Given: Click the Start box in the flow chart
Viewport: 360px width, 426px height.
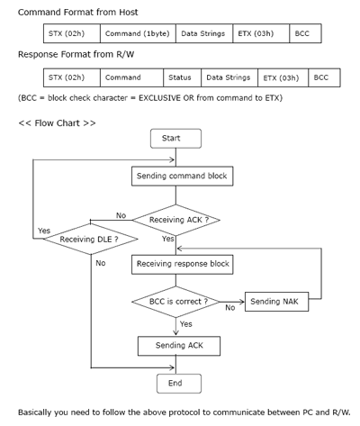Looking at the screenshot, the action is (175, 139).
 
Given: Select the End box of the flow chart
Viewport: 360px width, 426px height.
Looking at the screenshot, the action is (179, 384).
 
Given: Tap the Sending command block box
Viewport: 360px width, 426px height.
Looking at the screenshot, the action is (183, 177).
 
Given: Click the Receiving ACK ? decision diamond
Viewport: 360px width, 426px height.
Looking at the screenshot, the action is (176, 220).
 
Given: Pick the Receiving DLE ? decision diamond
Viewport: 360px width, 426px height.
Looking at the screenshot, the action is (91, 239).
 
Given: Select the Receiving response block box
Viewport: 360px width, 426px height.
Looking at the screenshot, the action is (183, 264).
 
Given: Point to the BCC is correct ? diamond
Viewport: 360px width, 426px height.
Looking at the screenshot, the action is (176, 302).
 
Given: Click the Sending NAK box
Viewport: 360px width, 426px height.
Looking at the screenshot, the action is (276, 302).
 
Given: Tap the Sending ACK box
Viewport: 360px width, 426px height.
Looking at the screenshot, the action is (179, 346).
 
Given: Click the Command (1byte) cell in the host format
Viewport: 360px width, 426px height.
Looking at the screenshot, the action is (138, 33).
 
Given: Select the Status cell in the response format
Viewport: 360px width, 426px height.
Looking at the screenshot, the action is (183, 77).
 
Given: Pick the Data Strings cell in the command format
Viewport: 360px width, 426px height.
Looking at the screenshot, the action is (204, 33).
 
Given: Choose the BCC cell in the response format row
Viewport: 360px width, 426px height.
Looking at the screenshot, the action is (324, 77).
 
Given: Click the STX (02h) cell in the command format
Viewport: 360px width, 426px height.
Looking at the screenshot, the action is (72, 33).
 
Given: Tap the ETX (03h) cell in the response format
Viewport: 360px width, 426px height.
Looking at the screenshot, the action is (283, 77).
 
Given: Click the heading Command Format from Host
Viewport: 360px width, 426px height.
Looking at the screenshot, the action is (78, 13).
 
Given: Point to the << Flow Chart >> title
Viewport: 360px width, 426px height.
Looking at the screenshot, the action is (57, 123).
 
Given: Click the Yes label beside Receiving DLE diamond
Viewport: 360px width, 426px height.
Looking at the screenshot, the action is (44, 231).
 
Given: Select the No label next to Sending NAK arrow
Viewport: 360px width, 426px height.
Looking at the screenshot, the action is (230, 308).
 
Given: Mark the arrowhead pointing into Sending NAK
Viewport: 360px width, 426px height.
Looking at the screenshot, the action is (242, 302).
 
